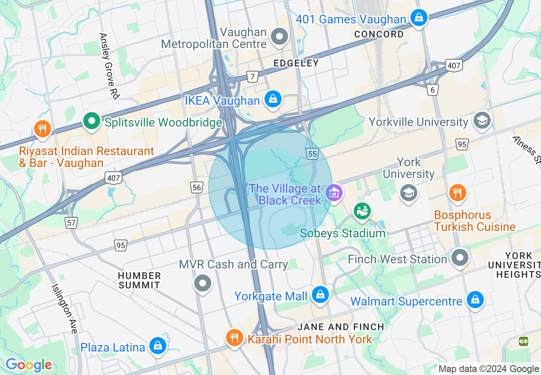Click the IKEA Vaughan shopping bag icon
(273, 99)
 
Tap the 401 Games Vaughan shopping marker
(419, 18)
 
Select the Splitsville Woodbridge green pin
(91, 121)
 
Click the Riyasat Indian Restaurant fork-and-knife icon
(42, 128)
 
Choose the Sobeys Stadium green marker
(362, 211)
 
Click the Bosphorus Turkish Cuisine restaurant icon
(457, 192)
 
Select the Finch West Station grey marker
(460, 258)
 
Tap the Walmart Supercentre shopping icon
(474, 300)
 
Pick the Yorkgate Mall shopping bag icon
(320, 294)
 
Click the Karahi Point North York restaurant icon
(234, 338)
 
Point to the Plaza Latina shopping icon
(157, 346)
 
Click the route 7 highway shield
(253, 77)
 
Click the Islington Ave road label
(64, 309)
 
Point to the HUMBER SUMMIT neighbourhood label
(140, 280)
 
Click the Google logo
(29, 365)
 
